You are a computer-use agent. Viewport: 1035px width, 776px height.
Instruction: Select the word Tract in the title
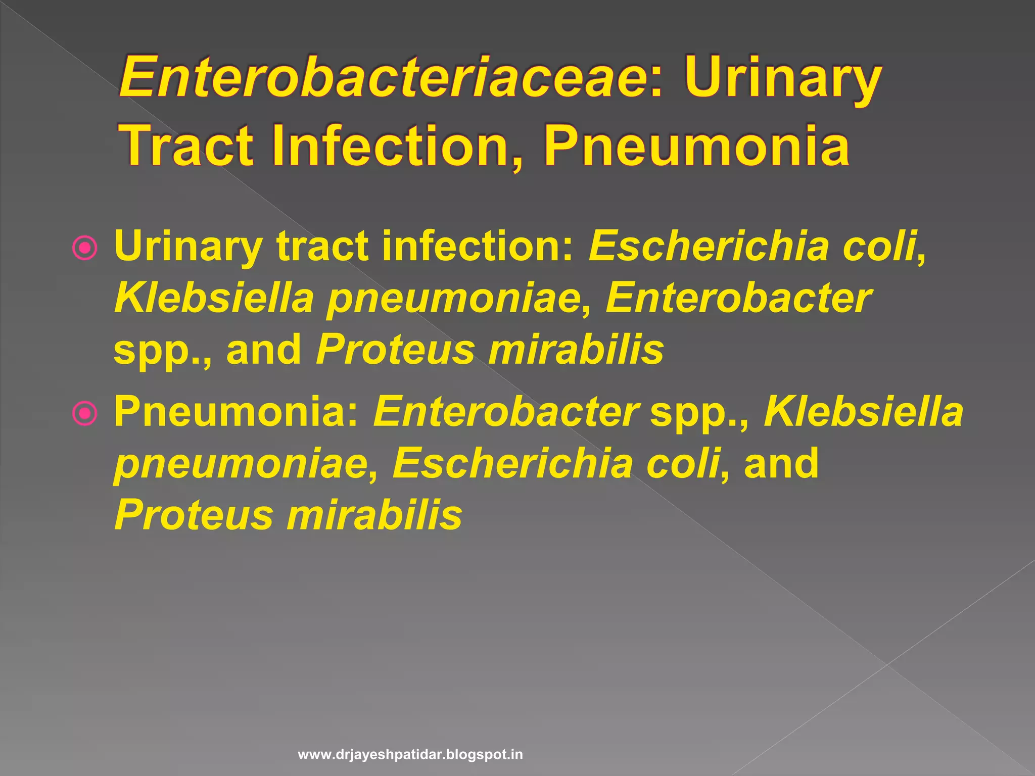(187, 146)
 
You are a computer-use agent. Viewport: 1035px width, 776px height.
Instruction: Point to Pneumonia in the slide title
(697, 146)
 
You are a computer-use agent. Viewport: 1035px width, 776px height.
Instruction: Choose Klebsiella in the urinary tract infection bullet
(214, 298)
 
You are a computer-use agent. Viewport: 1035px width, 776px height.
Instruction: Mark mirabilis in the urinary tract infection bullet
(576, 350)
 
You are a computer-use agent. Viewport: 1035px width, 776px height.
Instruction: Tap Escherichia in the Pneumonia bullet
(513, 464)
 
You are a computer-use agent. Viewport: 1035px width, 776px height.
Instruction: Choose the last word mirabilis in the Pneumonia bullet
(374, 515)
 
